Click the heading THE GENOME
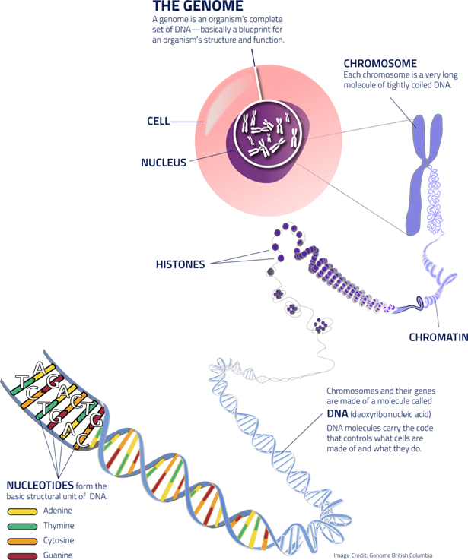coord(197,6)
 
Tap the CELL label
coord(158,121)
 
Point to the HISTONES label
coord(180,264)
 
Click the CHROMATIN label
coord(438,337)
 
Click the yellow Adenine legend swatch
coord(22,510)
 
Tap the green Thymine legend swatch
coord(22,525)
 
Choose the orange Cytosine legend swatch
coord(22,541)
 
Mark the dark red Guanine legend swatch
coord(22,555)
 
